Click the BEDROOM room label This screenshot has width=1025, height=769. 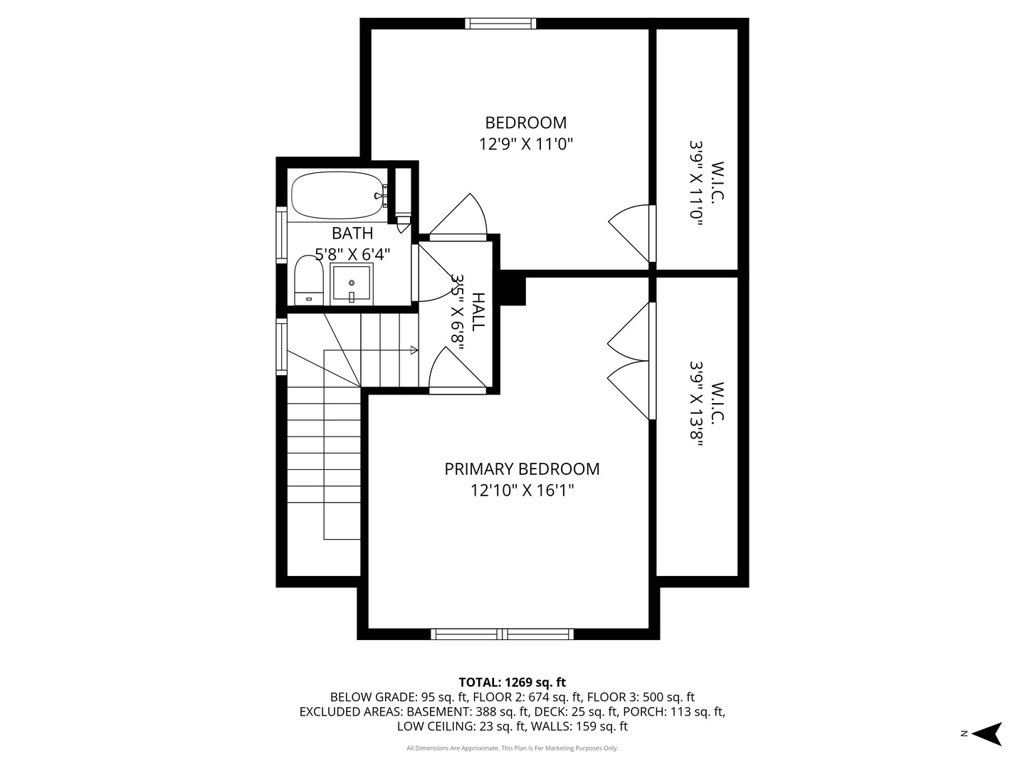525,122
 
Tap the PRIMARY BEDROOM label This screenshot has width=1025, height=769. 522,469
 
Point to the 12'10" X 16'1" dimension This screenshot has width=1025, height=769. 522,491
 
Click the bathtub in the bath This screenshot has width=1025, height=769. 337,195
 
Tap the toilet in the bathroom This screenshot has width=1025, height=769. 309,282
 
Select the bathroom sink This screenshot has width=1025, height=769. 352,284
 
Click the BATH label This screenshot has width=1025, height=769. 352,233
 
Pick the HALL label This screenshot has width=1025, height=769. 478,311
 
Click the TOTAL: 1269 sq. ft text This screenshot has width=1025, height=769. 512,683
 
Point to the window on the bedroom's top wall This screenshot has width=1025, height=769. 500,23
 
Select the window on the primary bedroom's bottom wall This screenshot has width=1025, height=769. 503,634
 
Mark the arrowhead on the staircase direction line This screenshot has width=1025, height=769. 414,350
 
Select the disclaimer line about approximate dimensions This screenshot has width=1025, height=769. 512,748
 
